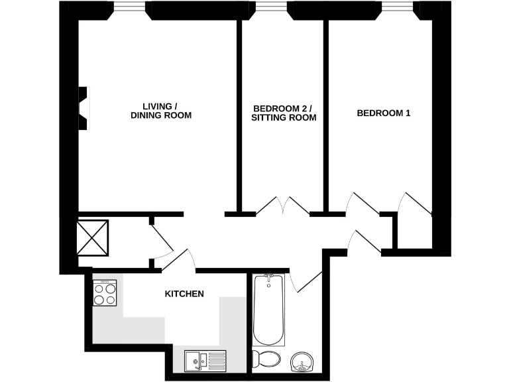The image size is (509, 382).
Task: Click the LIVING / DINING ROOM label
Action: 160,111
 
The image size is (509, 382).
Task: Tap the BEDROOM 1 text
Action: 384,113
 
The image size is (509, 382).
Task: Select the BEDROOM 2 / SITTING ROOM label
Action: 283,113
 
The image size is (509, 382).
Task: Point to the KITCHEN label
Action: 184,294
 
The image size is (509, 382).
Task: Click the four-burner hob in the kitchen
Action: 105,293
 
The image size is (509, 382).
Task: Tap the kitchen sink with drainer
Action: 205,360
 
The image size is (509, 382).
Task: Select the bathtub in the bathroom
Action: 269,309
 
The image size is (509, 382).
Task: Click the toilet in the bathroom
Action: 268,359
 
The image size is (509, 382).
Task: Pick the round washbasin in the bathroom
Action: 304,363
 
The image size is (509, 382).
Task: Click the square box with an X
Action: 91,237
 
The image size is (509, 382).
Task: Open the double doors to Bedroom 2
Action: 283,206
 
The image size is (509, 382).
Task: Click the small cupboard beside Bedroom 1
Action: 414,232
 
